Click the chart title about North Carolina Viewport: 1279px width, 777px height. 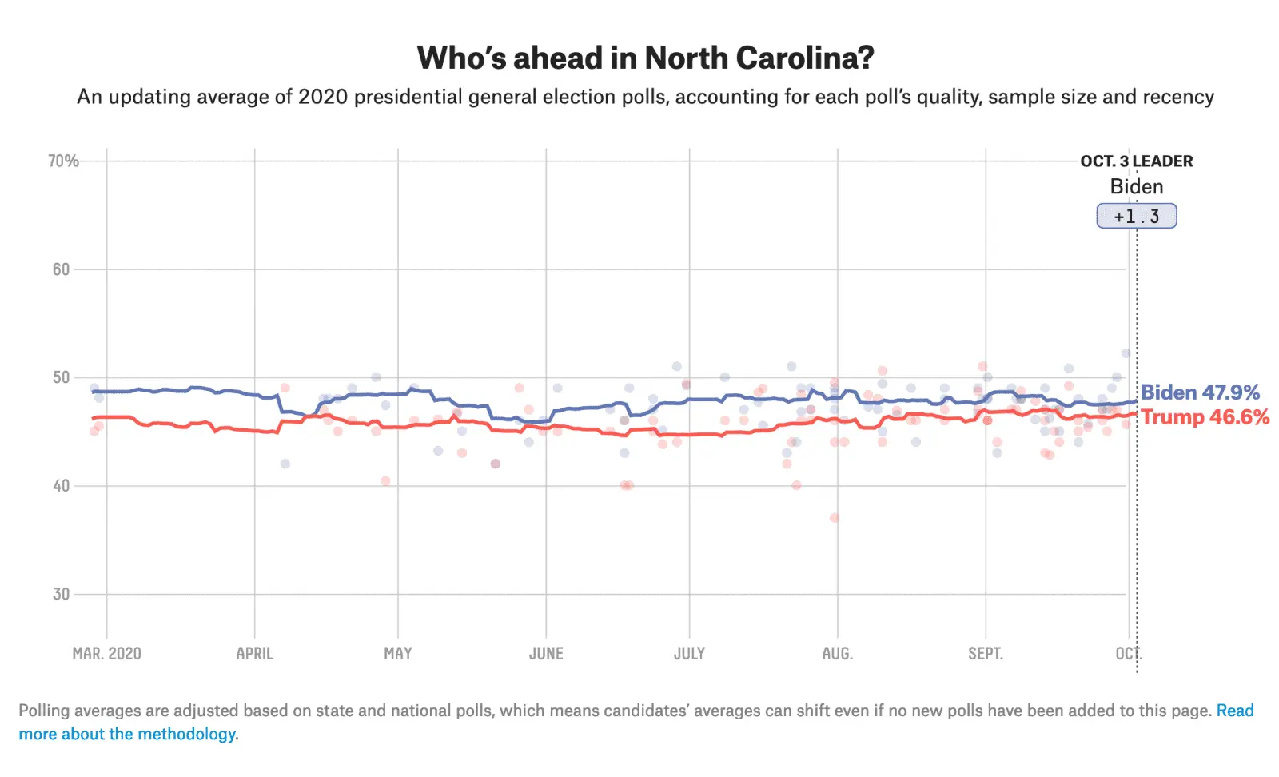pyautogui.click(x=645, y=58)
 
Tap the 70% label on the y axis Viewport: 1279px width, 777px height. pyautogui.click(x=63, y=161)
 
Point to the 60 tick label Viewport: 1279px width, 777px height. pyautogui.click(x=62, y=269)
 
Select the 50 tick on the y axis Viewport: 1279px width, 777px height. pyautogui.click(x=62, y=377)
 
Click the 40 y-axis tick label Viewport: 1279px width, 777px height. pyautogui.click(x=62, y=486)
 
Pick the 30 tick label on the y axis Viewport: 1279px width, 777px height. pyautogui.click(x=62, y=594)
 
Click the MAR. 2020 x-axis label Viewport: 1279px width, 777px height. pyautogui.click(x=106, y=654)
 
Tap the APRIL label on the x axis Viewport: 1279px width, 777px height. pyautogui.click(x=254, y=654)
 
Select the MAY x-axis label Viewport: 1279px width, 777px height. pyautogui.click(x=398, y=654)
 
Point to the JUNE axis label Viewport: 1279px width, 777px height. pyautogui.click(x=546, y=654)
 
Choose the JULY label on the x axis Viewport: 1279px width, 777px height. pyautogui.click(x=689, y=654)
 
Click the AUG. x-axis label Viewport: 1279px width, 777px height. pyautogui.click(x=837, y=654)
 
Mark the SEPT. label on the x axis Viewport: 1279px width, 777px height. pyautogui.click(x=985, y=654)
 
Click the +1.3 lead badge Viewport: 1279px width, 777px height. pyautogui.click(x=1136, y=216)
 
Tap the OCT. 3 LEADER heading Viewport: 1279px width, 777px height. pyautogui.click(x=1136, y=161)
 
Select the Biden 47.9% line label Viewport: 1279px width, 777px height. pyautogui.click(x=1199, y=392)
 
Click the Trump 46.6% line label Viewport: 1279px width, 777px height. pyautogui.click(x=1205, y=417)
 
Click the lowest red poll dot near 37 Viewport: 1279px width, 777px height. pyautogui.click(x=835, y=518)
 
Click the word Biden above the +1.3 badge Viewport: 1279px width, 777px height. pyautogui.click(x=1136, y=187)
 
